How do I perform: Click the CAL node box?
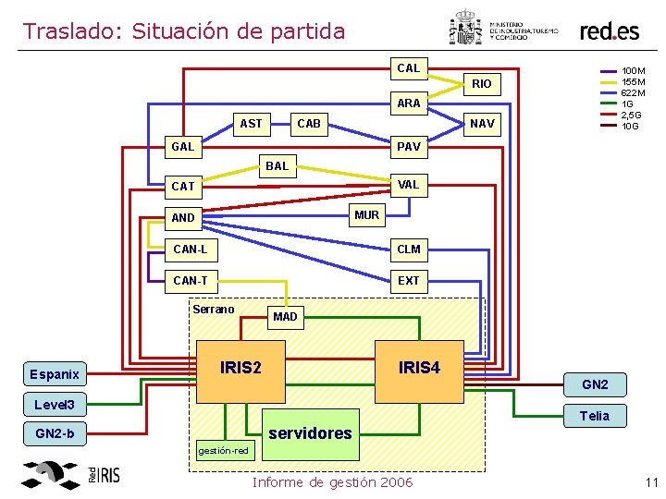click(x=408, y=67)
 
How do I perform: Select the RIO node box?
click(x=482, y=84)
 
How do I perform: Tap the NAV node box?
click(x=482, y=123)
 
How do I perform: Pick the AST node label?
click(x=251, y=123)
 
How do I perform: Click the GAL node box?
click(x=183, y=147)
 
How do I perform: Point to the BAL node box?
click(x=277, y=166)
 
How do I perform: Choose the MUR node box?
click(x=366, y=215)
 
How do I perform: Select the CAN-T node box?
click(x=191, y=280)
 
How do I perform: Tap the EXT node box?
click(x=408, y=280)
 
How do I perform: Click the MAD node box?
click(x=285, y=317)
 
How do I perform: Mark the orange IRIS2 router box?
click(x=240, y=368)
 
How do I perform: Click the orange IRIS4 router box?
click(x=419, y=368)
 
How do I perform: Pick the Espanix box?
click(x=55, y=374)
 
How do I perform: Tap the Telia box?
click(x=594, y=416)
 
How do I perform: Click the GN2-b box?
click(x=55, y=433)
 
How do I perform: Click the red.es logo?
click(x=609, y=30)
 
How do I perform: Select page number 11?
click(x=649, y=482)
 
